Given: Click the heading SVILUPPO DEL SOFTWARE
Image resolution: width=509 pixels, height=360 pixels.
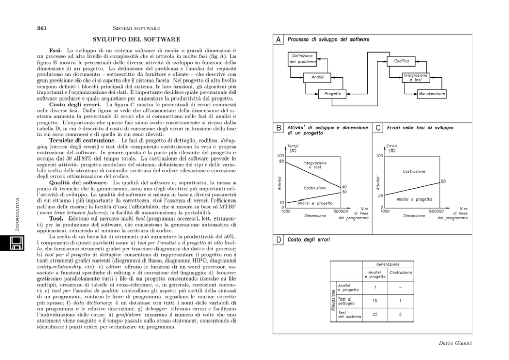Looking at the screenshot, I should pyautogui.click(x=136, y=39).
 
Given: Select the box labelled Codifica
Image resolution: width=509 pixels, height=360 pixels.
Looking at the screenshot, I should pyautogui.click(x=401, y=61).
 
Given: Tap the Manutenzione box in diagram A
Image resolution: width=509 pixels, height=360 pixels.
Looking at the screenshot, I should pyautogui.click(x=432, y=94).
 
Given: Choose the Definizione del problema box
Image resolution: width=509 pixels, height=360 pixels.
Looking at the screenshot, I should pyautogui.click(x=302, y=58).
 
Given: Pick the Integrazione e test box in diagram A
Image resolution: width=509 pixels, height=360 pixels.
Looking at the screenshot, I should pyautogui.click(x=416, y=77).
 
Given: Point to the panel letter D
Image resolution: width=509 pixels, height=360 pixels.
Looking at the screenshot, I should pyautogui.click(x=278, y=239).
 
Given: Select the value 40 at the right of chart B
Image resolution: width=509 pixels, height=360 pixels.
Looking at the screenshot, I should pyautogui.click(x=344, y=187).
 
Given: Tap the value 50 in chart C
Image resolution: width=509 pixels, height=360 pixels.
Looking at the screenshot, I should pyautogui.click(x=443, y=182).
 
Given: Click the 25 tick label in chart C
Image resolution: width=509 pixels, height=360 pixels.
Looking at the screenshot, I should pyautogui.click(x=381, y=196).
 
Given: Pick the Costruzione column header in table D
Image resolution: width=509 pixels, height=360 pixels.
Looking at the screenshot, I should pyautogui.click(x=401, y=273).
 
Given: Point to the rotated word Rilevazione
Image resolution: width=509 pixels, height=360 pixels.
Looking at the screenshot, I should pyautogui.click(x=332, y=301).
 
